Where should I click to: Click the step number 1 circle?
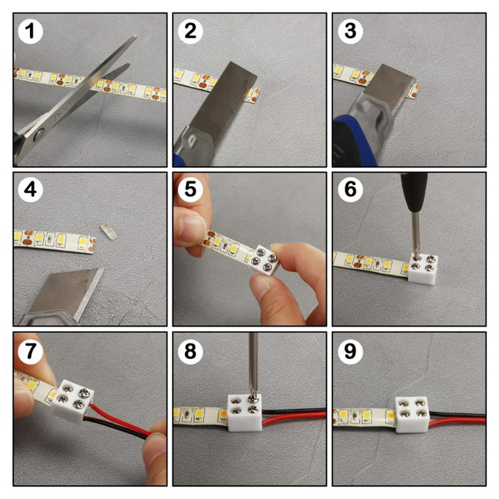coord(30,31)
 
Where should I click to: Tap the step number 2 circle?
coord(190,31)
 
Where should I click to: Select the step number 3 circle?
coord(350,31)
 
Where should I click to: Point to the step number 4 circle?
coord(30,189)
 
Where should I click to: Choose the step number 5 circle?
coord(190,189)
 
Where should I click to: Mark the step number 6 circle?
coord(350,189)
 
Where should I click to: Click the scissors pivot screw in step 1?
coord(39,134)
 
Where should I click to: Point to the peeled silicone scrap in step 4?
coord(108,231)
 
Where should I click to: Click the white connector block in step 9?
coord(412,415)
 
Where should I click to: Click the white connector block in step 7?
coord(73,401)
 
